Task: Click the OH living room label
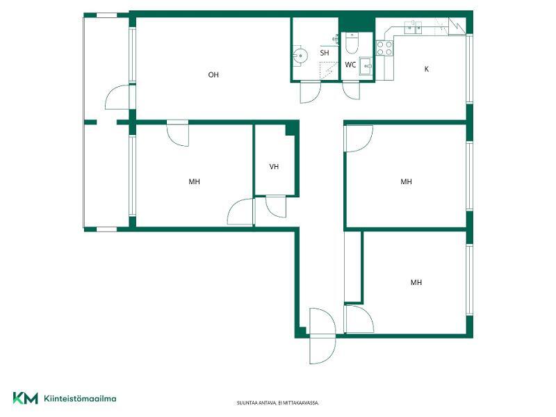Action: pyautogui.click(x=213, y=75)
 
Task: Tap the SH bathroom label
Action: pyautogui.click(x=325, y=54)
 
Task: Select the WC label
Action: pyautogui.click(x=350, y=65)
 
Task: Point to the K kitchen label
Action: pyautogui.click(x=427, y=69)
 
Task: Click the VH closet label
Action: pyautogui.click(x=274, y=166)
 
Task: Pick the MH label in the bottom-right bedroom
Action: pyautogui.click(x=416, y=282)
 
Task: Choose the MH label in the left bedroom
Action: pyautogui.click(x=195, y=181)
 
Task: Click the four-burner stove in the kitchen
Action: pyautogui.click(x=385, y=48)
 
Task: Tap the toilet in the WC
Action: pyautogui.click(x=352, y=42)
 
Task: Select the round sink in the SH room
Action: pyautogui.click(x=300, y=56)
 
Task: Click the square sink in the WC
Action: pyautogui.click(x=366, y=66)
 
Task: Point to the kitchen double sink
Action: pyautogui.click(x=413, y=27)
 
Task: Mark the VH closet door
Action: pyautogui.click(x=275, y=206)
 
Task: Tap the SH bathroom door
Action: pyautogui.click(x=310, y=92)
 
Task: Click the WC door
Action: pyautogui.click(x=351, y=90)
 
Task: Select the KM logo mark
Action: pyautogui.click(x=25, y=398)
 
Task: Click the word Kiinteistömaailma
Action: pyautogui.click(x=80, y=398)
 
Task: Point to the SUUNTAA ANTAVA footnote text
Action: pyautogui.click(x=278, y=403)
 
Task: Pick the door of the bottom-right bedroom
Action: pyautogui.click(x=359, y=318)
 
